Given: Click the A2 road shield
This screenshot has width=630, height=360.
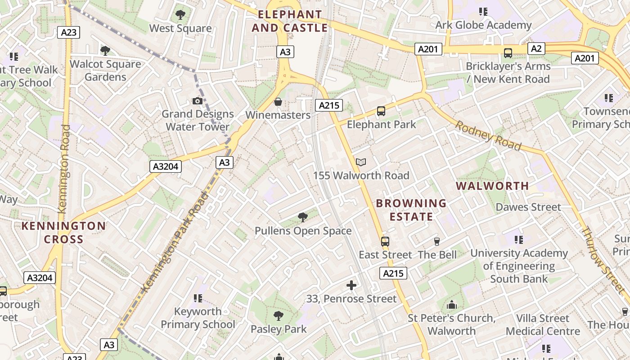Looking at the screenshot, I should [x=536, y=49].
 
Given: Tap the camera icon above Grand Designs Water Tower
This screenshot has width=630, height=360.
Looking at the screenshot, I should [x=197, y=101].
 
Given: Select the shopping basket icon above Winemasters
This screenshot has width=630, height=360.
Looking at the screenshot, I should [x=278, y=102].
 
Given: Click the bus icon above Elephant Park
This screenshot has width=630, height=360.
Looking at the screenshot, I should [x=381, y=111].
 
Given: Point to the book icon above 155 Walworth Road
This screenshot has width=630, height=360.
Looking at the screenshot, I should [x=361, y=162].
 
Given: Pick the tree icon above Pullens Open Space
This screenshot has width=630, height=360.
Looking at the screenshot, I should [x=303, y=217].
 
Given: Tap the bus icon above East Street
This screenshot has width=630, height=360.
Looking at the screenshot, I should [x=385, y=241].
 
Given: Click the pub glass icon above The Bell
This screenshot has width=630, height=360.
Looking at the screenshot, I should [x=436, y=242].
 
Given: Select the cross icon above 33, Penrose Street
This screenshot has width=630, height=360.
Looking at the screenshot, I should [x=351, y=285].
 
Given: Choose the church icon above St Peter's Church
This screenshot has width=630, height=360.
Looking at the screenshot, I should [x=452, y=305].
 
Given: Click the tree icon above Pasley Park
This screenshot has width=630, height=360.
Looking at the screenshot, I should [x=279, y=316].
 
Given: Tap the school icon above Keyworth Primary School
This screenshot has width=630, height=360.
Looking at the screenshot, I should [x=198, y=298].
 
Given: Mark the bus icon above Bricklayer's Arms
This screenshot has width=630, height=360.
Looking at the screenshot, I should [x=508, y=53].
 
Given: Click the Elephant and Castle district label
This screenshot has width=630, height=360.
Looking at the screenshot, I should [x=290, y=21].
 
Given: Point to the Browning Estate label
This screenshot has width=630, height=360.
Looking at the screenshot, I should [x=411, y=210].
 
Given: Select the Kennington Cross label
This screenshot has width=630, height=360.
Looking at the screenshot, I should [x=63, y=232].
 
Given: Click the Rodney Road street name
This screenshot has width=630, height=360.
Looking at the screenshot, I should [x=488, y=135].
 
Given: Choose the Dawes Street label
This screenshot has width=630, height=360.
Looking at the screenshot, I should [x=528, y=207].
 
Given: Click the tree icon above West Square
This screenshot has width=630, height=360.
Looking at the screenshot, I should [x=180, y=14].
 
